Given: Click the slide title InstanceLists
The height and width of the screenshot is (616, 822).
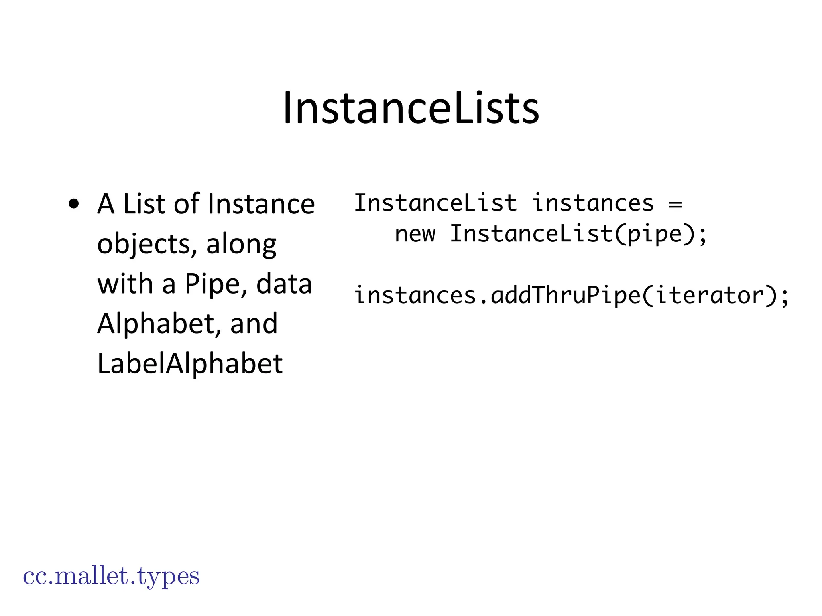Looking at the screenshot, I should [411, 108].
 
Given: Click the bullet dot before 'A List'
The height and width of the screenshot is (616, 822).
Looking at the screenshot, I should [74, 204].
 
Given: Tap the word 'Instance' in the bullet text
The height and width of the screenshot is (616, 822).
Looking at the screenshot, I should [261, 204].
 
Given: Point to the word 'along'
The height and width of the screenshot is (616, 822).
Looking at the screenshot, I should [241, 244].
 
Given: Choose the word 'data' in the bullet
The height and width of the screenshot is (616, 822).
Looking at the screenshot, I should [284, 284].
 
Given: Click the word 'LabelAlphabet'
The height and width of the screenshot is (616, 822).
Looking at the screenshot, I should [190, 363].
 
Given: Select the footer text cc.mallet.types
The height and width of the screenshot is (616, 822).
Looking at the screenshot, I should [111, 576].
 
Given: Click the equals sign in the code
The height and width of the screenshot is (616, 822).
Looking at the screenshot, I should [676, 204].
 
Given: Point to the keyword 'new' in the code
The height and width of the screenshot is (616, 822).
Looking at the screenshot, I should [415, 234].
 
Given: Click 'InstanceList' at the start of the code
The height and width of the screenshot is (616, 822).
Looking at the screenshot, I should [435, 203].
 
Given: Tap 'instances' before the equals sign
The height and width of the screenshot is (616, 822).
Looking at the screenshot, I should [593, 203].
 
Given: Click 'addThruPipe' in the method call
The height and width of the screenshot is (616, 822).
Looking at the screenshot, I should [566, 296].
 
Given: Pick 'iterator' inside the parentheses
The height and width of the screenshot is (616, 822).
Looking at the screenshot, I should [710, 296].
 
